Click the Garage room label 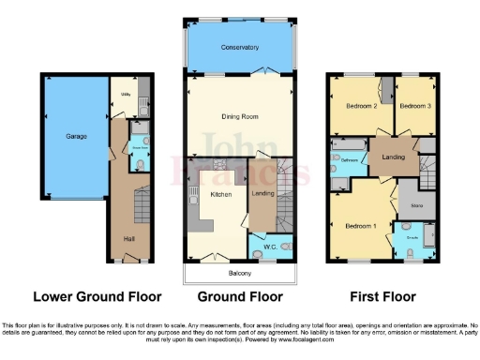click(x=76, y=137)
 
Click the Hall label click(x=128, y=238)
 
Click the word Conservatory click(x=241, y=47)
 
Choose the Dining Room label click(x=241, y=115)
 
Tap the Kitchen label click(x=220, y=194)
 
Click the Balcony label click(x=241, y=273)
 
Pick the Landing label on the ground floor click(x=261, y=193)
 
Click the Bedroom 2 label click(x=361, y=107)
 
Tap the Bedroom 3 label click(x=413, y=107)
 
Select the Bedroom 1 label click(x=359, y=226)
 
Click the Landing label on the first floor click(x=393, y=157)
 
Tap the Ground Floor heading click(x=241, y=296)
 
